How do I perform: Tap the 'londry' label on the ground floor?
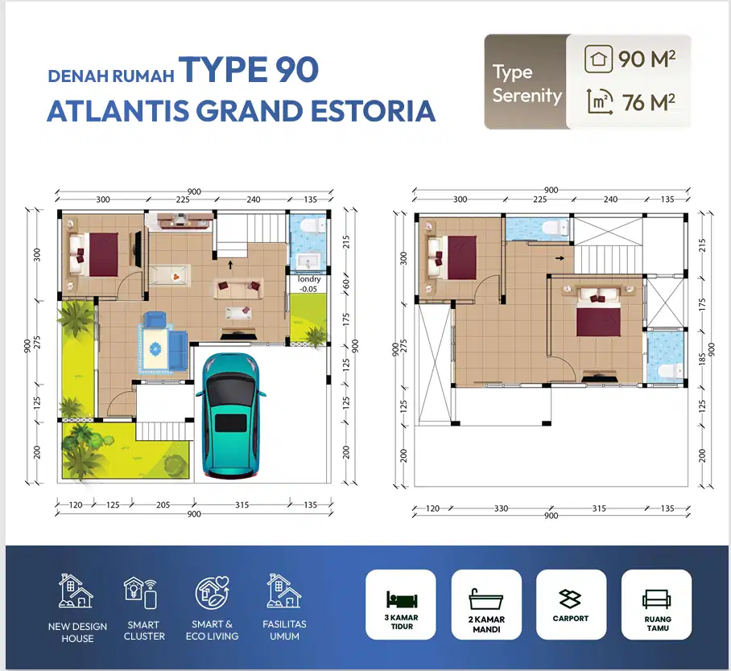[309, 279]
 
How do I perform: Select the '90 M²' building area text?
[646, 59]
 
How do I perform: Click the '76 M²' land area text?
[649, 102]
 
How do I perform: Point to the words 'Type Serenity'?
[527, 84]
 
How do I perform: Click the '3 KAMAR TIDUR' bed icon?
[402, 599]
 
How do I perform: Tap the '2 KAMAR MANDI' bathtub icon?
[486, 599]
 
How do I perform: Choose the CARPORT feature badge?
[571, 604]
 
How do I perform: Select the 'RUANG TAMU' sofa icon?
[656, 599]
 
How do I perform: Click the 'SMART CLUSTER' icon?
[141, 593]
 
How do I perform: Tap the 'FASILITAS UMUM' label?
[284, 630]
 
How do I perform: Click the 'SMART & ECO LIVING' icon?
[212, 593]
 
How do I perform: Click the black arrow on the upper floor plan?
[560, 258]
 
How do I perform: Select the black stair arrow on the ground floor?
[230, 265]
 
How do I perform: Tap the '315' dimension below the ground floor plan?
[242, 504]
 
